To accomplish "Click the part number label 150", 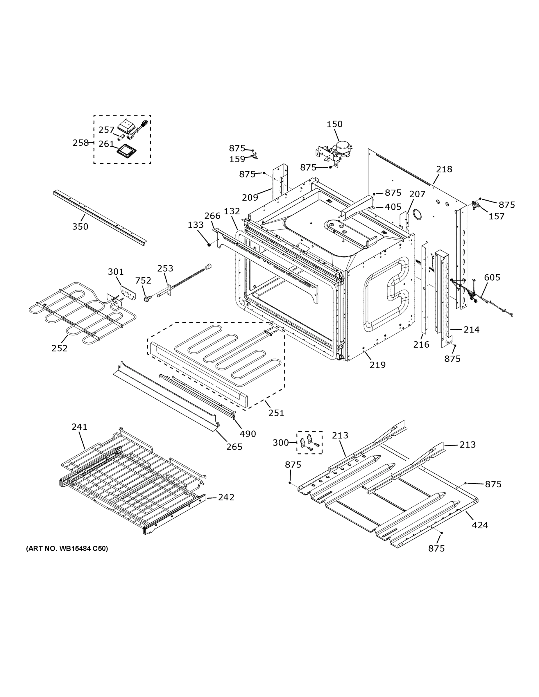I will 334,124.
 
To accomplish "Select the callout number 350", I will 80,227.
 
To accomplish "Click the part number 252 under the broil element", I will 59,348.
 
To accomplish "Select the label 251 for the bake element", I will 276,413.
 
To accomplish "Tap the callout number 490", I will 248,434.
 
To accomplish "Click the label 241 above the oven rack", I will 79,427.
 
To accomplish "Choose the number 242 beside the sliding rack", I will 226,497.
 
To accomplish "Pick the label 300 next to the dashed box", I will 280,443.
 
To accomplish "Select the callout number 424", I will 480,525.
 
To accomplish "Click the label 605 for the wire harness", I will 492,277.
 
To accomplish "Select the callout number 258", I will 80,143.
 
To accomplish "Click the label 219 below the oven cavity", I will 377,365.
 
